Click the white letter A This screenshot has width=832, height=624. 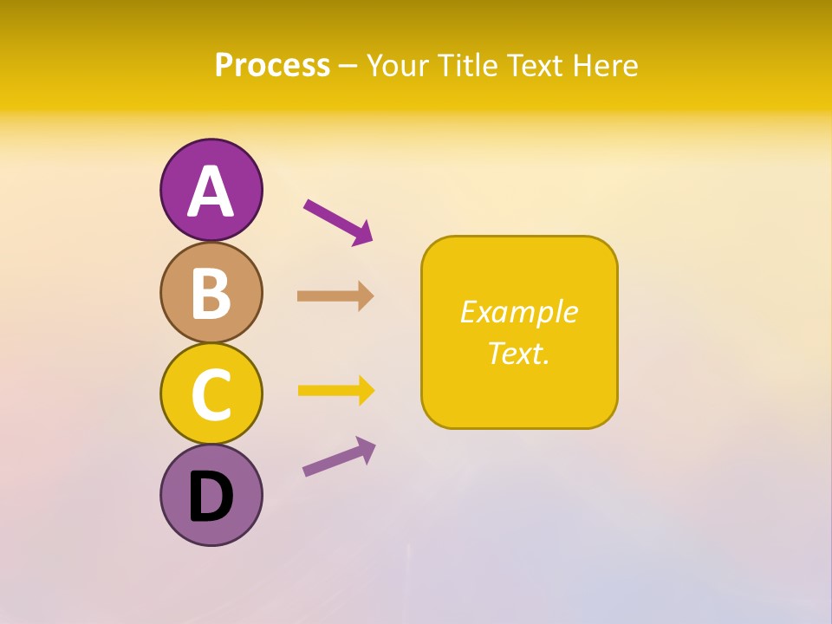click(x=211, y=192)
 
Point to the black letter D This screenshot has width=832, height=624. click(x=211, y=497)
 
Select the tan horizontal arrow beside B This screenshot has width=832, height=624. click(x=335, y=296)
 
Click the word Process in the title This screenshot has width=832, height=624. click(x=272, y=66)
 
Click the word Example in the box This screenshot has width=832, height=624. click(x=518, y=312)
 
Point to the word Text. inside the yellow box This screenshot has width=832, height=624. click(x=518, y=353)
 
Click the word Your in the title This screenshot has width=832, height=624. click(x=398, y=66)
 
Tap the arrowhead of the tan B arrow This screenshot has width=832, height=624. click(x=366, y=296)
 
